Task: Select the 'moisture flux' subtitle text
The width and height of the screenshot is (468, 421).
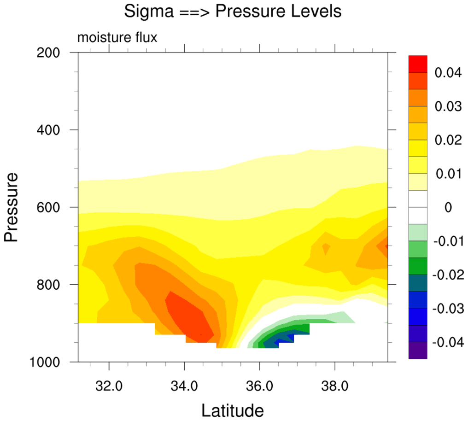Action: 117,38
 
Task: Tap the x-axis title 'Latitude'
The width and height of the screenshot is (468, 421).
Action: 233,409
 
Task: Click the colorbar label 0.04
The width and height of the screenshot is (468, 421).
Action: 448,72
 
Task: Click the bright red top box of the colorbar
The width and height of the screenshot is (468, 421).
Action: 418,64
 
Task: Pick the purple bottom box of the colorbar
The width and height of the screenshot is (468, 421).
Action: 418,350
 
